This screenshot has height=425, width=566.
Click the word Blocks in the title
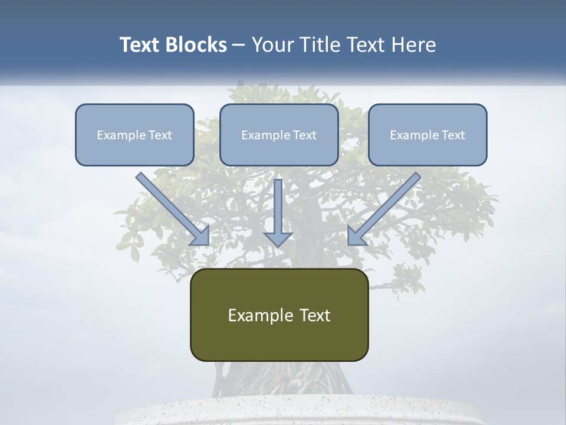pos(194,45)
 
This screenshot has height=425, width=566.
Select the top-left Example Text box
pos(134,135)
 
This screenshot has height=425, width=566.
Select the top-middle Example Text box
pos(279,135)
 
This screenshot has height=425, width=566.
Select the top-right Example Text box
pos(427,135)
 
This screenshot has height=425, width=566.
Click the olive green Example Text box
pos(279,315)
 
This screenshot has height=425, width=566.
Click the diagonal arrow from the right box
pos(386,207)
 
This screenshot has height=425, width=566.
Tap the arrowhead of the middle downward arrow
pos(278,238)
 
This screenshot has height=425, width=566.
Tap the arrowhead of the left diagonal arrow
pos(200,236)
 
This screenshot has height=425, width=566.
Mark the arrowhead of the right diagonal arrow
pos(356,236)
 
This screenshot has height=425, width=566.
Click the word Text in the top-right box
pos(453,135)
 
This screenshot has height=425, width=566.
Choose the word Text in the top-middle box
pos(304,135)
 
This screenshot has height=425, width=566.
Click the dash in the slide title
pos(239,45)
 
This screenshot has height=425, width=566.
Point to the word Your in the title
pos(272,45)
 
